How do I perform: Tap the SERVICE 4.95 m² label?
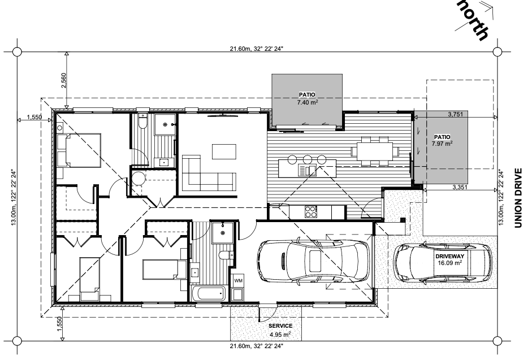(280, 330)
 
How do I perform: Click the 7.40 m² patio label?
(307, 98)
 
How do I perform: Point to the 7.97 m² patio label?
(442, 140)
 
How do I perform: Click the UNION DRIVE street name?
(518, 198)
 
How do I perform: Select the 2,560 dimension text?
(63, 80)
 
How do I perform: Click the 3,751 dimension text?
(455, 114)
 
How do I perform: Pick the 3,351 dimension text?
(460, 187)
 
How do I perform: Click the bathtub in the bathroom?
(209, 293)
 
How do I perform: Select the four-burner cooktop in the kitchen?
(311, 212)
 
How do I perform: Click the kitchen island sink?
(308, 170)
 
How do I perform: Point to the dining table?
(375, 151)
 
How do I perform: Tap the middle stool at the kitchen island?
(308, 159)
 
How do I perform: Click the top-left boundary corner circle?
(17, 52)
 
